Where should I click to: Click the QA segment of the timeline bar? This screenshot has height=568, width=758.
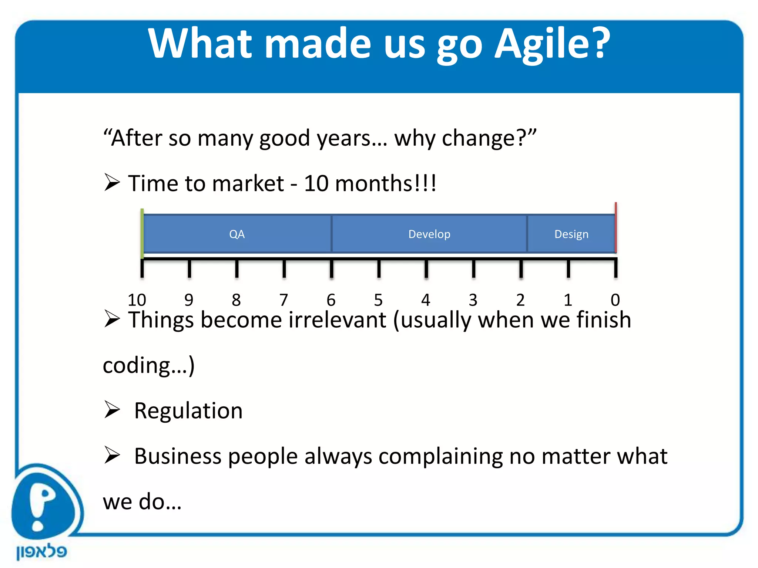237,234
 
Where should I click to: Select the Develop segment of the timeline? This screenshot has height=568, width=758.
429,234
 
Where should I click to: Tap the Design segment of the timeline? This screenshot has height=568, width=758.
571,234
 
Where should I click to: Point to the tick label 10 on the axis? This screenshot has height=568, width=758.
137,300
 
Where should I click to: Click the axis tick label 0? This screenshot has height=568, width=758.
615,300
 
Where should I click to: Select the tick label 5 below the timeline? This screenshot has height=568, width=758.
378,300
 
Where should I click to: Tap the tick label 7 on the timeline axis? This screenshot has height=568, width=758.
284,300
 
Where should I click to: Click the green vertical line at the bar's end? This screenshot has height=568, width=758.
142,233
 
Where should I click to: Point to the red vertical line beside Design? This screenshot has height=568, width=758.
616,227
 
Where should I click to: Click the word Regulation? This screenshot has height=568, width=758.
188,411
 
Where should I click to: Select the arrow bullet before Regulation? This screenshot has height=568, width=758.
112,409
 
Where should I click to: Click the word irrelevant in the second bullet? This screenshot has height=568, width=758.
337,320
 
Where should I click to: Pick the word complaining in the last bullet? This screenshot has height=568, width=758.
440,456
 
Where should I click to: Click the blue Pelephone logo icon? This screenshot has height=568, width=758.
44,503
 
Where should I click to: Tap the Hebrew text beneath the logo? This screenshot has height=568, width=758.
41,552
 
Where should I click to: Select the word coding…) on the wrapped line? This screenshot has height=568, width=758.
148,366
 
